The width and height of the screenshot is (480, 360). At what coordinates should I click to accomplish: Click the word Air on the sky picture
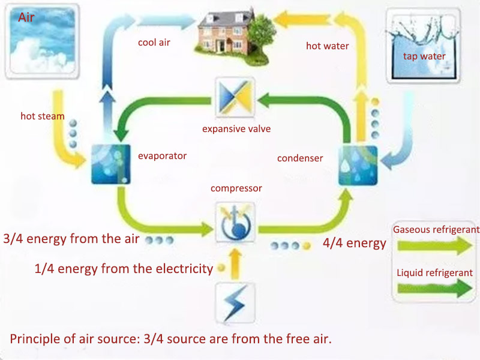point(27,17)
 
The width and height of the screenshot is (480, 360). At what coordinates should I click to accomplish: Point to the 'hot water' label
point(327,46)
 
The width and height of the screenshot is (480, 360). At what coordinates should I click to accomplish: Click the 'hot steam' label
point(42,116)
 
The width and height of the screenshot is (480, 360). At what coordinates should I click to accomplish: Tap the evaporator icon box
point(111,163)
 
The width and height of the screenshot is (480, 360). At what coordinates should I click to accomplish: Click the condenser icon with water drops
point(358,164)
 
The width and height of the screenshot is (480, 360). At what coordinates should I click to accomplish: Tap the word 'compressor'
point(236,188)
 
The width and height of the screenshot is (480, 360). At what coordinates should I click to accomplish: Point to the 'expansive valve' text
point(236,128)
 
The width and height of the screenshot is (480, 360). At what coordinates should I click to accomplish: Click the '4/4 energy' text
point(355,244)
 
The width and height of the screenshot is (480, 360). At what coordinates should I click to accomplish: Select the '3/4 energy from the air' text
point(71,239)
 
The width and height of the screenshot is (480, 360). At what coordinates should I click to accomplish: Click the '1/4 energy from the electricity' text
point(124,268)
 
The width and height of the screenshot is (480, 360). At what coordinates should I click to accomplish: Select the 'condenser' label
point(300,158)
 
